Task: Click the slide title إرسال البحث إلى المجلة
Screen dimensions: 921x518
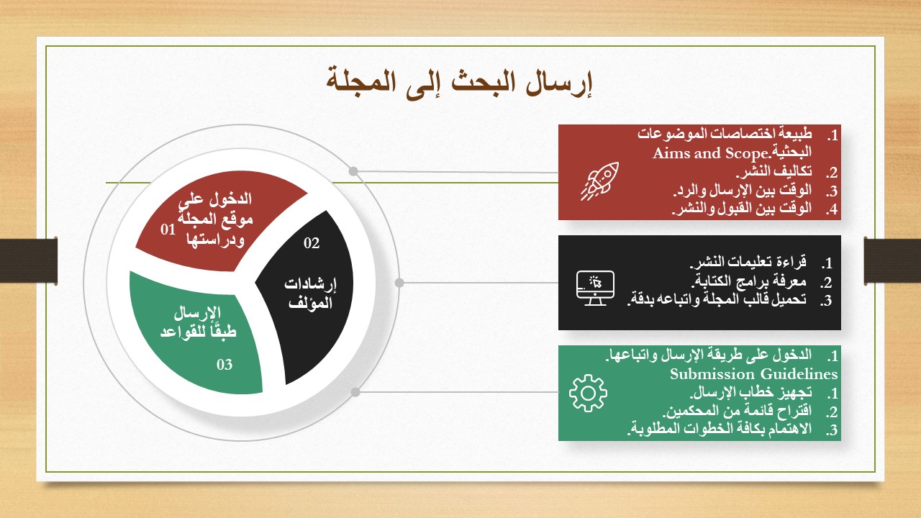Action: [x=459, y=83]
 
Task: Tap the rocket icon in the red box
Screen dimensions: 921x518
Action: [x=600, y=181]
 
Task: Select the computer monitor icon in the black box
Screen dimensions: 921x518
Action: [x=595, y=288]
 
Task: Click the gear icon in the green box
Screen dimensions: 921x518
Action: [x=588, y=393]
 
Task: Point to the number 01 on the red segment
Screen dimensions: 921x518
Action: [x=168, y=230]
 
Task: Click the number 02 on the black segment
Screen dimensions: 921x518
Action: [x=312, y=243]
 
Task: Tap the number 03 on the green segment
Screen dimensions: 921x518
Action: [x=224, y=364]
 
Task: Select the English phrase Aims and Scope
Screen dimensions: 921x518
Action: [x=710, y=153]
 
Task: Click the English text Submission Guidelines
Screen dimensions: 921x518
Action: [x=753, y=374]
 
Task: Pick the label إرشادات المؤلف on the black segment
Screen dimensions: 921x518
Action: [x=310, y=294]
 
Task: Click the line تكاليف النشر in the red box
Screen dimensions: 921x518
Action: [x=773, y=171]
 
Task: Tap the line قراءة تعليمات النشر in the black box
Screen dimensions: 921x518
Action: [x=748, y=262]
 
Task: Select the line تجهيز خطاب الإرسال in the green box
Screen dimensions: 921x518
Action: [x=750, y=393]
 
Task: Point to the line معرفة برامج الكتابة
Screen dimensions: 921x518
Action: [x=748, y=281]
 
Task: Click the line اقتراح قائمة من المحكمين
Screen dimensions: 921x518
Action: [x=738, y=411]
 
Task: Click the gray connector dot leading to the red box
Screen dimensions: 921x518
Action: [x=353, y=171]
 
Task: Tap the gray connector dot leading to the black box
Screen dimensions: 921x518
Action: [x=399, y=283]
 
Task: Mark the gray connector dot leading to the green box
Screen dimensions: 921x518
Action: [x=355, y=392]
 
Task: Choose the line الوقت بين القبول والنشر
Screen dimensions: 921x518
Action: [x=742, y=209]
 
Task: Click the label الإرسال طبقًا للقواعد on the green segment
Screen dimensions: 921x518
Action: [x=198, y=322]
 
